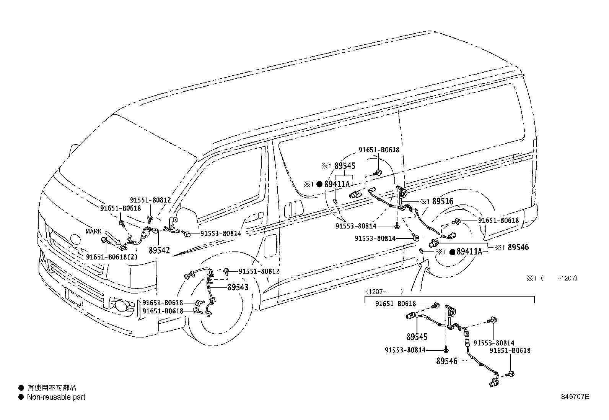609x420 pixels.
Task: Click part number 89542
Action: click(x=159, y=251)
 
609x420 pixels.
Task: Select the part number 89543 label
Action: click(x=238, y=287)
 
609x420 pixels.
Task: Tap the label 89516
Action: click(x=443, y=201)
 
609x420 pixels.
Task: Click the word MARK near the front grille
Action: click(x=94, y=231)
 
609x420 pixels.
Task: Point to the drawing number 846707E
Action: click(x=575, y=397)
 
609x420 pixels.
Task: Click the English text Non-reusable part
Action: click(x=56, y=397)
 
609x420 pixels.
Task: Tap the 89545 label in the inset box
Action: click(x=417, y=337)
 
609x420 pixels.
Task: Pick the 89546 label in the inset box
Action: click(x=447, y=360)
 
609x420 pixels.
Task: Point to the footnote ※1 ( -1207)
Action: click(x=552, y=278)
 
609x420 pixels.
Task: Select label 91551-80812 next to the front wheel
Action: click(x=259, y=271)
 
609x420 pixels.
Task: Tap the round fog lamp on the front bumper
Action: click(x=122, y=305)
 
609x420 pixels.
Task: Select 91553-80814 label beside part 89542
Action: click(x=221, y=233)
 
